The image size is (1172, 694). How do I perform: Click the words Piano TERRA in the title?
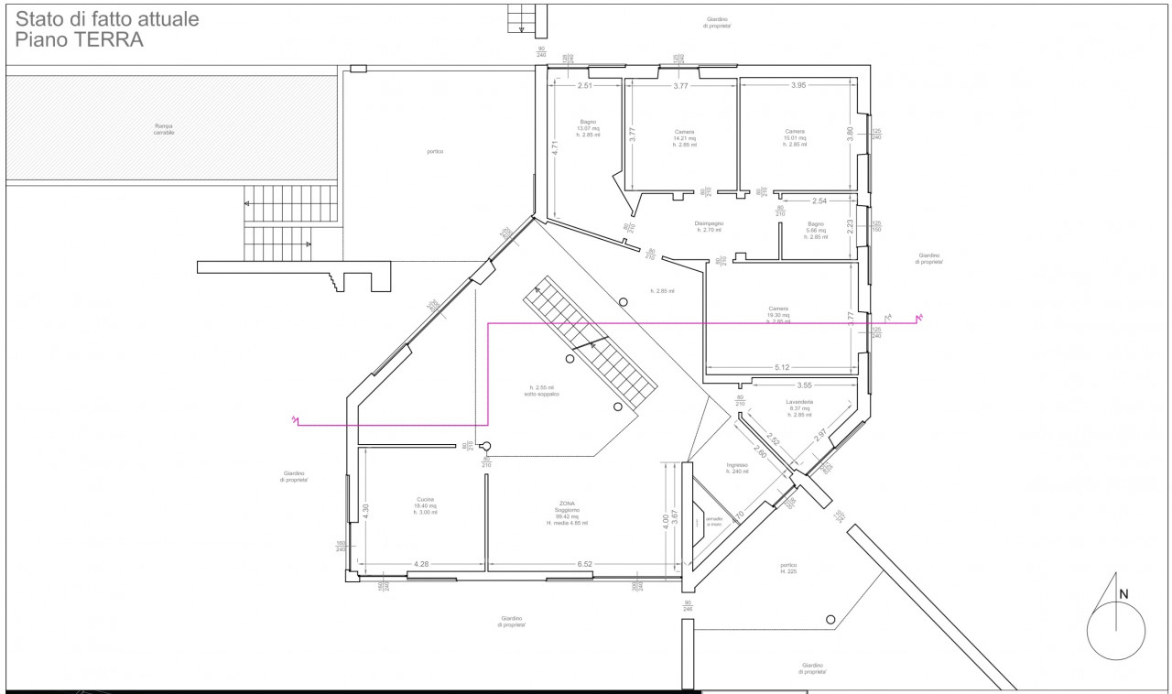coord(80,40)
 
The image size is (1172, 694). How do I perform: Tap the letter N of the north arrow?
coord(1123,594)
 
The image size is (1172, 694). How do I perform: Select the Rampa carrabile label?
coord(163,129)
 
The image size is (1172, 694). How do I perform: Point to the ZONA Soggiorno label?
coord(565,513)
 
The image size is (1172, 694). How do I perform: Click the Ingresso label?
coord(738,468)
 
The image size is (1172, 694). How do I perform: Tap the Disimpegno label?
coord(709,226)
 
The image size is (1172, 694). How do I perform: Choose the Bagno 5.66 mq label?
coord(816,230)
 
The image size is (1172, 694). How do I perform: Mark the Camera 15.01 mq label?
coord(795,137)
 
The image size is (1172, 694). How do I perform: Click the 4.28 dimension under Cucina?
coord(421,564)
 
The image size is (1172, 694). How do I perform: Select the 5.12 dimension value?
coord(783,368)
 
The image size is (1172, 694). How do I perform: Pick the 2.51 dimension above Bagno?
coord(585,86)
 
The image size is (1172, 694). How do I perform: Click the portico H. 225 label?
coord(789,568)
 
